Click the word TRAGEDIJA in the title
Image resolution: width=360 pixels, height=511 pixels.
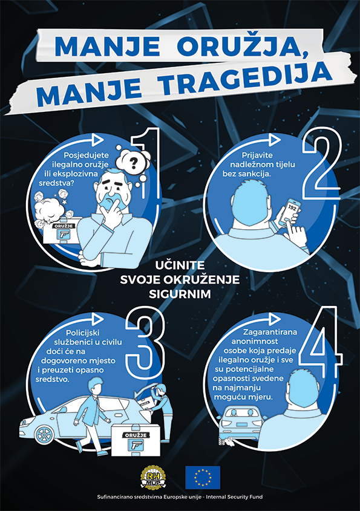(x=247, y=82)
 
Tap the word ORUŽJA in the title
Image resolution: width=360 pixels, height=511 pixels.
(x=242, y=47)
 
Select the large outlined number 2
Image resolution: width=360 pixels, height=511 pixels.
(x=321, y=163)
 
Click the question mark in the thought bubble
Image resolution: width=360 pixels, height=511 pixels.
(x=134, y=163)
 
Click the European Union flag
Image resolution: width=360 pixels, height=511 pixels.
(x=203, y=477)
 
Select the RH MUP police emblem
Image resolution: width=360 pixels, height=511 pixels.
(x=153, y=477)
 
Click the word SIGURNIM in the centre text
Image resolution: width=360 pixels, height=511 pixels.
(x=180, y=294)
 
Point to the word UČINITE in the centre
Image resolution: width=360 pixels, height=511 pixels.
(x=180, y=265)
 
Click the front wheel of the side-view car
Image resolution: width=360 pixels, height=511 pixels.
(x=43, y=434)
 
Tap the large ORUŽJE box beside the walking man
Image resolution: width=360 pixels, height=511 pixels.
(x=136, y=440)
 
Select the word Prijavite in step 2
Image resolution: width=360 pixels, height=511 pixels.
(x=257, y=155)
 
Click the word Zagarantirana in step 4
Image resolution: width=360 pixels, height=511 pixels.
(x=270, y=332)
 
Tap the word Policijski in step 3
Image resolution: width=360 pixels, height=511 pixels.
(x=83, y=333)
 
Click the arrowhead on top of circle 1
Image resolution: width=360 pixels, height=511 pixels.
(x=97, y=139)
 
